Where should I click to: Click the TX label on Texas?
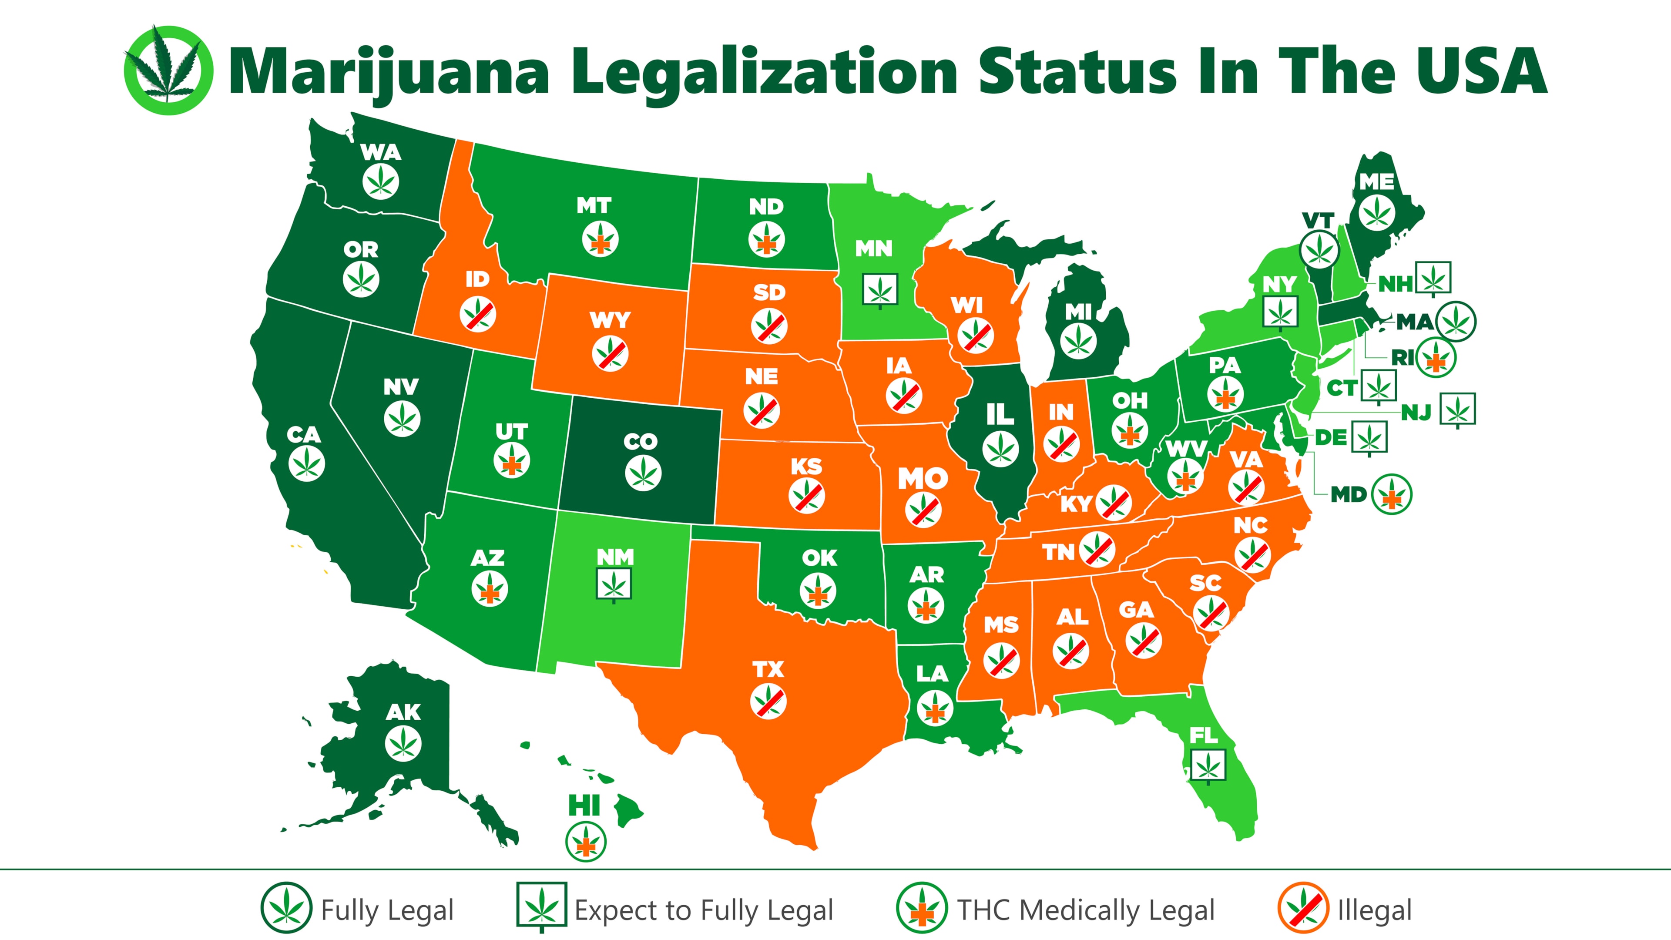tap(768, 669)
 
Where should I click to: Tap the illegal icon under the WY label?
tap(610, 353)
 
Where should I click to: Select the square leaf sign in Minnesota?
tap(880, 289)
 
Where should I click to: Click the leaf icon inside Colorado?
tap(643, 472)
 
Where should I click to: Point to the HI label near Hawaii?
tap(584, 806)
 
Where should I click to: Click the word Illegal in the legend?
tap(1375, 910)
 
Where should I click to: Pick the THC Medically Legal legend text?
tap(1086, 910)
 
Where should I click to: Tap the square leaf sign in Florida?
tap(1208, 766)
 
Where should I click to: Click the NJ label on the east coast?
tap(1416, 412)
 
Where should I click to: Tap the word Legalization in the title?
tap(764, 71)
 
